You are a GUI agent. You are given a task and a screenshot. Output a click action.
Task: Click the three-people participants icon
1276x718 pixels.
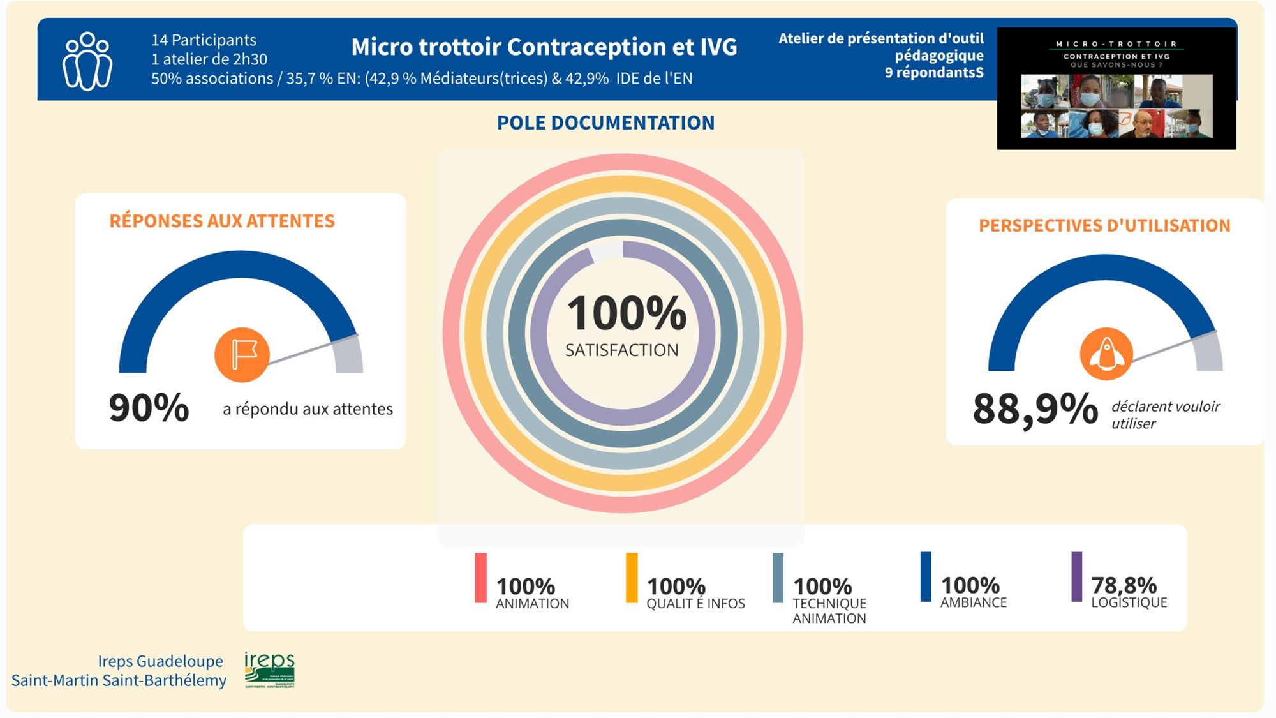(87, 61)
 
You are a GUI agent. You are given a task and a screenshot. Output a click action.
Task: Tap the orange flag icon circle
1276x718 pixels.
(242, 355)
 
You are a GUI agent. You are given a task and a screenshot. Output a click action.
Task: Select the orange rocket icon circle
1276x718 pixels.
(1106, 354)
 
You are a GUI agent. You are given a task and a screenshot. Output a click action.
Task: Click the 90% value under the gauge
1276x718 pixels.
(149, 408)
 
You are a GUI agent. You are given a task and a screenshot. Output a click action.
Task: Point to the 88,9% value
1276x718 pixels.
(1035, 409)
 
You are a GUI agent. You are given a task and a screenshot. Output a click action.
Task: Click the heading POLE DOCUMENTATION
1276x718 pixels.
(605, 123)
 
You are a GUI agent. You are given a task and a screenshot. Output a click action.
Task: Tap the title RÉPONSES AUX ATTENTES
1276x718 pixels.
(222, 221)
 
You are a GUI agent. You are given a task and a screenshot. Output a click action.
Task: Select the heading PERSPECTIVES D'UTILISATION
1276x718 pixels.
(1104, 225)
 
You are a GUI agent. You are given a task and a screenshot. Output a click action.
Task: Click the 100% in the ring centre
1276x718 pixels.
(627, 314)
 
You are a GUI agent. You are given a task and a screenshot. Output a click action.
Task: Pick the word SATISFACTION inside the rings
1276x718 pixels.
(622, 350)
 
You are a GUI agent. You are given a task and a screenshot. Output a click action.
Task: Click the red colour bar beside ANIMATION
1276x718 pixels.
(480, 578)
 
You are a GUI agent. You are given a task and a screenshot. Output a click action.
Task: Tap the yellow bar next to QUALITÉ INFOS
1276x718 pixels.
(632, 578)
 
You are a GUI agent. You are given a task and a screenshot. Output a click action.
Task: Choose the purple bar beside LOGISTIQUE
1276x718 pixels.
(1076, 576)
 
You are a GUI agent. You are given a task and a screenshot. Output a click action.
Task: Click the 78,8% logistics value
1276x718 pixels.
(1124, 585)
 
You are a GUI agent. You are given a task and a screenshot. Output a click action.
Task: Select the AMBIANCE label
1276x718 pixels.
(974, 602)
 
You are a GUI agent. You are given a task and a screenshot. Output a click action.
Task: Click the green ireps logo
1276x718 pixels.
(269, 669)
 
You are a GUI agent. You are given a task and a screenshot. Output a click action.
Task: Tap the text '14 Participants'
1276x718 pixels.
(204, 40)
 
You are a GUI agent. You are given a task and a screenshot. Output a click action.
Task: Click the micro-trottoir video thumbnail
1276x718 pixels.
(1116, 89)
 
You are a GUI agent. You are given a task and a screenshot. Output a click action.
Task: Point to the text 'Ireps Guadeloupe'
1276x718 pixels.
(160, 661)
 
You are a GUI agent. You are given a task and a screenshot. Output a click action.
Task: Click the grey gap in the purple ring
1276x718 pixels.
(605, 250)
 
